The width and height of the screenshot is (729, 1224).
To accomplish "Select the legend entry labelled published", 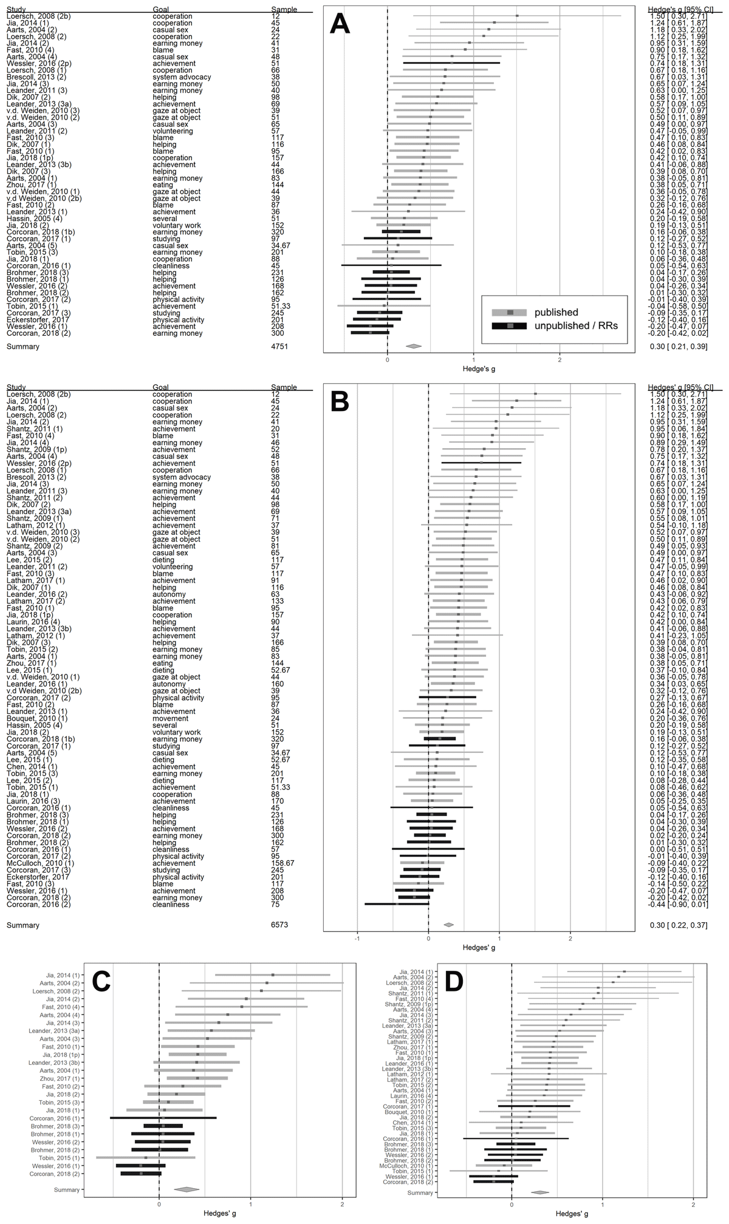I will [556, 313].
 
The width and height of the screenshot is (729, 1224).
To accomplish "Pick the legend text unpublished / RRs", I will [576, 326].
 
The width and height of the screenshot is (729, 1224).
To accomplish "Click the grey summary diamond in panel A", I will [414, 347].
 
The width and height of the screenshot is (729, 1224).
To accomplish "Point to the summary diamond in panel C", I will [187, 1189].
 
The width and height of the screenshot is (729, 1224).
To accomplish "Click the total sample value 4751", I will [279, 347].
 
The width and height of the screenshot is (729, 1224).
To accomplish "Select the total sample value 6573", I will [279, 925].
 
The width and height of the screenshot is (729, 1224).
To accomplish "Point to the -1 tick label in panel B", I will [357, 938].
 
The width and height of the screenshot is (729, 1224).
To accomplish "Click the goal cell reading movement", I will [171, 718].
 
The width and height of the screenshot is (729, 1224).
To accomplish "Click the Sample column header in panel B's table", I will [284, 387].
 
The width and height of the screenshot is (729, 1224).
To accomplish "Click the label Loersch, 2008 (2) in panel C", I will [55, 991].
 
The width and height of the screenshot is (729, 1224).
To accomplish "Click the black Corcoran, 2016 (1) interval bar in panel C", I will [163, 1118].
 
